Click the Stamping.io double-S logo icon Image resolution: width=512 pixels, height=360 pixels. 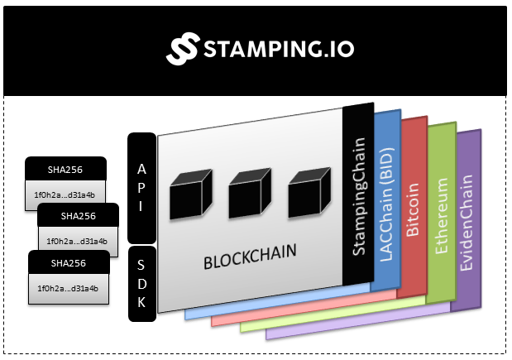tap(183, 48)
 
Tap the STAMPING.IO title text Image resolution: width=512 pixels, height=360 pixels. tap(280, 49)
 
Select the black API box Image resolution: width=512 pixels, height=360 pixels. tap(141, 188)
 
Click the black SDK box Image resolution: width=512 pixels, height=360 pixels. tap(142, 284)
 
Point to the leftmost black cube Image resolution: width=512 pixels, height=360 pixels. tap(191, 194)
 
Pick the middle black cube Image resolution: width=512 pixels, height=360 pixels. tap(250, 193)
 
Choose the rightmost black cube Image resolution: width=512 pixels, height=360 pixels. tap(309, 192)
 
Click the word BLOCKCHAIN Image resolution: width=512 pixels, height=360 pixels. tap(250, 257)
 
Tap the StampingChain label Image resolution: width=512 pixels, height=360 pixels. tap(359, 196)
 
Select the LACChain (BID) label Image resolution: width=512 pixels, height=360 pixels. tap(386, 205)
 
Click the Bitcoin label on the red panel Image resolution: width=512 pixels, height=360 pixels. tap(413, 209)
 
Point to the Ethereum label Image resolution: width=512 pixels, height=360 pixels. tap(442, 216)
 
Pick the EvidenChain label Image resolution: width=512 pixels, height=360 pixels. tap(466, 223)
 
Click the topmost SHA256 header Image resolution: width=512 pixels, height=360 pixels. tap(65, 170)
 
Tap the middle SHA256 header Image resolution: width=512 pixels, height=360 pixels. tap(79, 216)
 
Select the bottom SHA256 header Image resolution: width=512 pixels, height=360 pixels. tap(69, 263)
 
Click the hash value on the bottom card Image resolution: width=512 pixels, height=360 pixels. tap(68, 289)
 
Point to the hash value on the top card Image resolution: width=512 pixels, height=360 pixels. tap(65, 195)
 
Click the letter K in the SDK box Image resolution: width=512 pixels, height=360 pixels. tap(141, 302)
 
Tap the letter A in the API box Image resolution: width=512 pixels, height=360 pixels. tap(141, 169)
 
